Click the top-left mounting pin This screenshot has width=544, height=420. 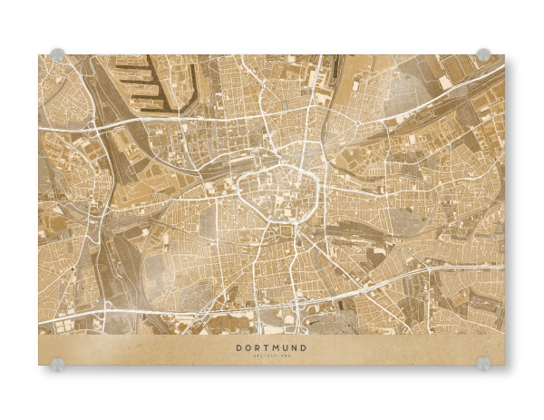click(58, 54)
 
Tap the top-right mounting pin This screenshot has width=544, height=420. click(483, 54)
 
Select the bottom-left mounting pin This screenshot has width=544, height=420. click(58, 364)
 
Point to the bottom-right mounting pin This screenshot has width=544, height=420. click(483, 364)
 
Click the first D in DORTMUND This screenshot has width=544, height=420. click(239, 347)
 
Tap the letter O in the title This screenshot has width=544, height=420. click(248, 347)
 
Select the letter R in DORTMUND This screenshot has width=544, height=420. click(257, 347)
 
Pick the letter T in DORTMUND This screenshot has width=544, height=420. click(267, 347)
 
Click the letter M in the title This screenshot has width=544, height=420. click(276, 347)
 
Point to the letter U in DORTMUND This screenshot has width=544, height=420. click(286, 347)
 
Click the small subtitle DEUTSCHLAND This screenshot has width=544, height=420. click(271, 357)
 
